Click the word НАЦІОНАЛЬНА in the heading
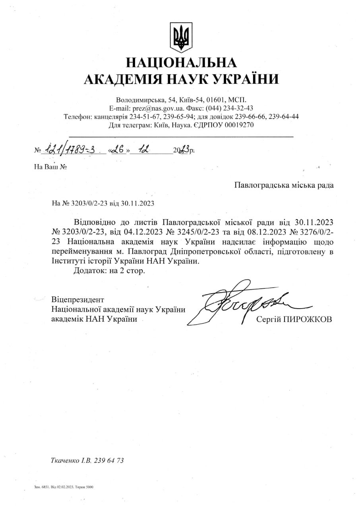(181, 62)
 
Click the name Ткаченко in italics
(65, 461)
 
